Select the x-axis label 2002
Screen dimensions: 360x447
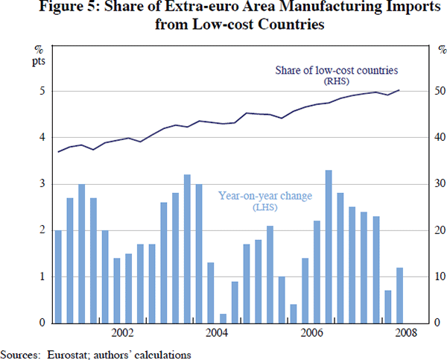(122, 332)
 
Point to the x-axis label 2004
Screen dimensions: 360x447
(216, 332)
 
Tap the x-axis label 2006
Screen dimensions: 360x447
(310, 332)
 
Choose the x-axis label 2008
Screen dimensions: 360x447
(404, 332)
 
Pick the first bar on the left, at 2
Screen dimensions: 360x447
(58, 276)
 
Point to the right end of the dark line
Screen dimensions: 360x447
(399, 90)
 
